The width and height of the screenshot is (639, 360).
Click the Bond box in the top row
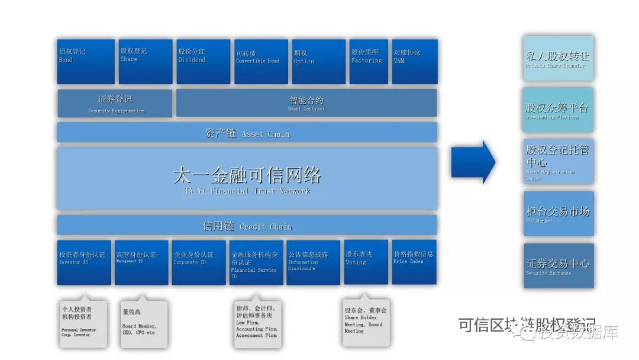[86, 61]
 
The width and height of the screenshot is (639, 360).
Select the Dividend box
[203, 61]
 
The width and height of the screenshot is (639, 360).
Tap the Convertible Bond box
[260, 61]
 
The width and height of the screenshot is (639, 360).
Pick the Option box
[318, 61]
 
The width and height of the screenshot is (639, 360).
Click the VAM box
[414, 61]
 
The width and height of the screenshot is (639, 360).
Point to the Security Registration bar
[115, 103]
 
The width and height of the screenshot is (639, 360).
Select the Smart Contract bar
[306, 103]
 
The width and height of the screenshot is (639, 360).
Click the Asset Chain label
[247, 133]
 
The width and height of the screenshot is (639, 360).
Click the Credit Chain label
[247, 226]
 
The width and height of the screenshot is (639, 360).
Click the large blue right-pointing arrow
[473, 162]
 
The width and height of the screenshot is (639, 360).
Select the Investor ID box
[84, 262]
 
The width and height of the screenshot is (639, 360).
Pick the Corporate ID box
[199, 262]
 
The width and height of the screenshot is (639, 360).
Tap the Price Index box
[414, 262]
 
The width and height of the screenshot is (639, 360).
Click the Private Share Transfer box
[558, 58]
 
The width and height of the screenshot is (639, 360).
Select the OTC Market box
[558, 213]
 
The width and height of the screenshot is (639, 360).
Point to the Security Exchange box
[558, 266]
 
